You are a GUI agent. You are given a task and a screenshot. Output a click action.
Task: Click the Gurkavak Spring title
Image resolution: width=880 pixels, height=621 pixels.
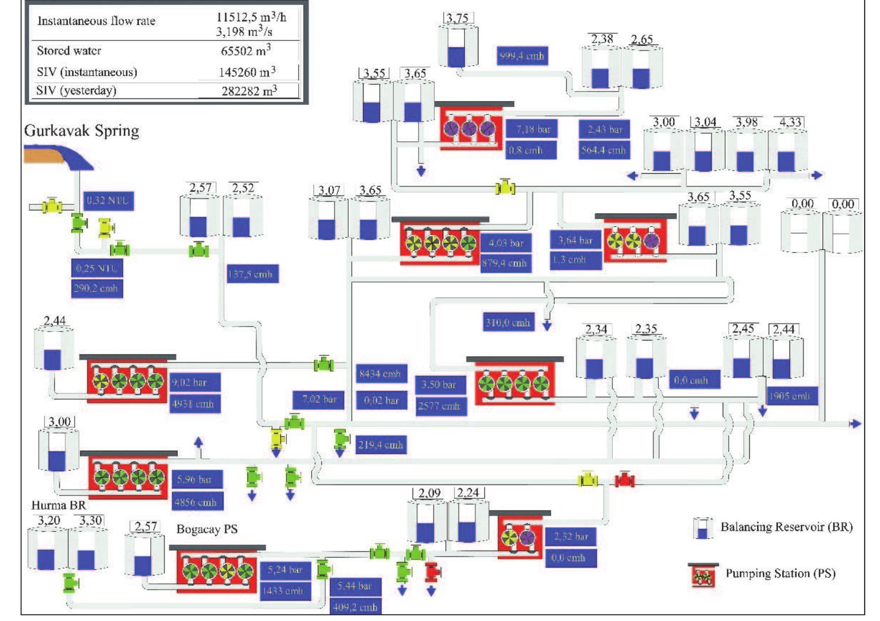pyautogui.click(x=82, y=131)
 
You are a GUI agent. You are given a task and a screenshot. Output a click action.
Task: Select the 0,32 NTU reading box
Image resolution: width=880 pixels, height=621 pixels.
pyautogui.click(x=108, y=200)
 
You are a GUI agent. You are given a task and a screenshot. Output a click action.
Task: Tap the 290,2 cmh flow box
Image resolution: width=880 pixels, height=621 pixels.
pyautogui.click(x=96, y=288)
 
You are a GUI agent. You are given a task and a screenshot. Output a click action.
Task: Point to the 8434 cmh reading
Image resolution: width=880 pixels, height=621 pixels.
pyautogui.click(x=380, y=374)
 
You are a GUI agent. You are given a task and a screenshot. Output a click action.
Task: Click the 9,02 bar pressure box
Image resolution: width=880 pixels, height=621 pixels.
pyautogui.click(x=194, y=382)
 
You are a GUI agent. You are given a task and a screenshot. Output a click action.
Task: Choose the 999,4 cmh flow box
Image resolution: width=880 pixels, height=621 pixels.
pyautogui.click(x=522, y=56)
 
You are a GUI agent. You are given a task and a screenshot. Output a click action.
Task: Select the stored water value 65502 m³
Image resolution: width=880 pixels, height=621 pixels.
pyautogui.click(x=246, y=50)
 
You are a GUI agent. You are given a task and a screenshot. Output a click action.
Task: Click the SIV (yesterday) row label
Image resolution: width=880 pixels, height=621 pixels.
pyautogui.click(x=76, y=91)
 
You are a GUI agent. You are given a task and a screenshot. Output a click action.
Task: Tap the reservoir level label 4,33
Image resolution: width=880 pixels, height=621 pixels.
pyautogui.click(x=789, y=122)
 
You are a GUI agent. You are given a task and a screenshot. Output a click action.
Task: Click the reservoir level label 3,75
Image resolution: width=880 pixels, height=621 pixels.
pyautogui.click(x=458, y=18)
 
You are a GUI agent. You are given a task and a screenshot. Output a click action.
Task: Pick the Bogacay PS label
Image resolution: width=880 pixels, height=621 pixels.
pyautogui.click(x=207, y=529)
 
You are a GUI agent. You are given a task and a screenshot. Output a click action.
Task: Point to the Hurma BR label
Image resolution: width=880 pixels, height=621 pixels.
pyautogui.click(x=58, y=505)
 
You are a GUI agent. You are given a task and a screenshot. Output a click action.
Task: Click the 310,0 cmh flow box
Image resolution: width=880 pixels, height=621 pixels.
pyautogui.click(x=508, y=323)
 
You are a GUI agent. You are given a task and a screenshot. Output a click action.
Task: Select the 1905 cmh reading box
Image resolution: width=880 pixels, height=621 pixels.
pyautogui.click(x=789, y=396)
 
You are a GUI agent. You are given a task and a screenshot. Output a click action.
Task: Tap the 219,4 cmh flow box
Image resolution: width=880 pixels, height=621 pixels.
pyautogui.click(x=380, y=444)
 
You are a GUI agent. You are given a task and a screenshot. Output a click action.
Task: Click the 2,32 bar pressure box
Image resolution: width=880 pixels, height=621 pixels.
pyautogui.click(x=571, y=536)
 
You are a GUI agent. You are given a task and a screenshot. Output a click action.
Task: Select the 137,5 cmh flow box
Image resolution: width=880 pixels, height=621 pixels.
pyautogui.click(x=253, y=274)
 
